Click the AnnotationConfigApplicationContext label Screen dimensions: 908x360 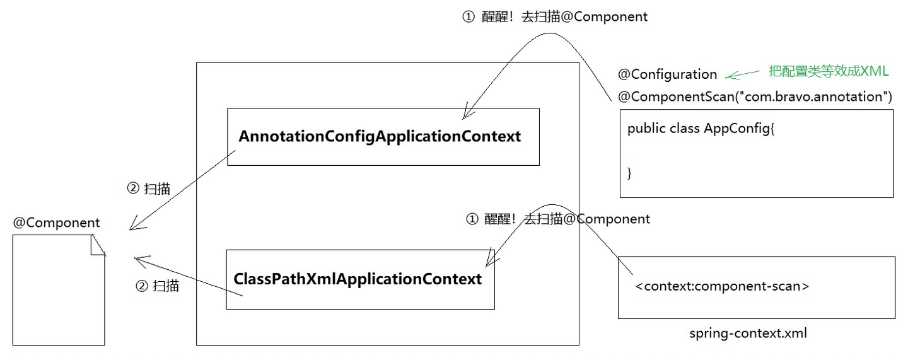coord(380,137)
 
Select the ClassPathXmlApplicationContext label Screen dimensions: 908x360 coord(358,279)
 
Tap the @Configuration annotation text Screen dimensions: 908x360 coord(667,74)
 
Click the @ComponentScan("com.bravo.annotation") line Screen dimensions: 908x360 coord(755,97)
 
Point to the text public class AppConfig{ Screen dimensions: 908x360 coord(701,129)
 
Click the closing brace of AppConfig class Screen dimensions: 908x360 coord(629,173)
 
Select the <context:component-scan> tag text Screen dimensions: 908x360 coord(722,286)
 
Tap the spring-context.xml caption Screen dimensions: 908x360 coord(748,334)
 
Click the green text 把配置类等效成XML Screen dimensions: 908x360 coord(829,71)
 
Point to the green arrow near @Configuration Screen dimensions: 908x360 coord(742,74)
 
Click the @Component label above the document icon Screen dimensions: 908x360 coord(56,223)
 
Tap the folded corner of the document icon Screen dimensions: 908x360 coord(98,245)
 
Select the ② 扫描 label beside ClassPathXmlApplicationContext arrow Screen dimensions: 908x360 coord(157,286)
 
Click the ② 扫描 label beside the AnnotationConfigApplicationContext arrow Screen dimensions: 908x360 coord(149,189)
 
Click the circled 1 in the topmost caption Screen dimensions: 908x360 coord(468,17)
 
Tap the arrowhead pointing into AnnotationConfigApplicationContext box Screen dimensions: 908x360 coord(468,112)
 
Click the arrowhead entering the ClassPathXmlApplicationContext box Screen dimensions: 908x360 coord(491,258)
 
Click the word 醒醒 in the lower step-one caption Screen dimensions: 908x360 coord(498,219)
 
